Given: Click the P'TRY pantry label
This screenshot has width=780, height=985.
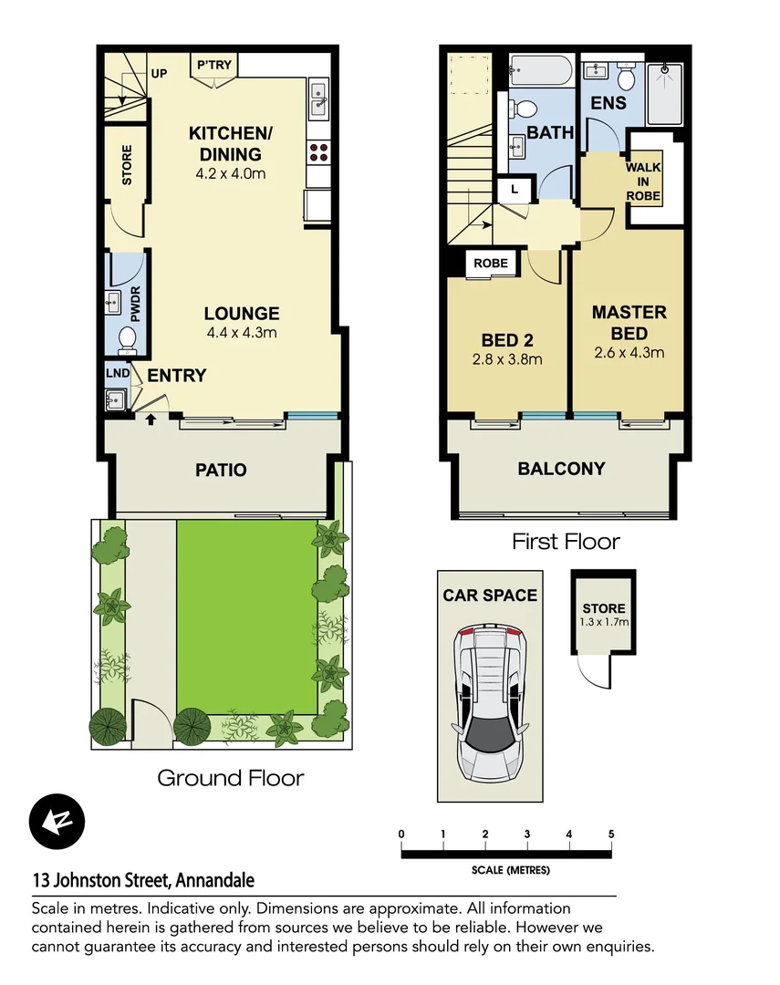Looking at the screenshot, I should [x=213, y=66].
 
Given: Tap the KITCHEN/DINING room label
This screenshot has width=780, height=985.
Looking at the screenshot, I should [x=224, y=144].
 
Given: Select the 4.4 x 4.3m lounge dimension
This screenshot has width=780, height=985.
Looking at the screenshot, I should [x=242, y=333].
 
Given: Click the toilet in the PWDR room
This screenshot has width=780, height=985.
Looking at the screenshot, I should [x=127, y=339].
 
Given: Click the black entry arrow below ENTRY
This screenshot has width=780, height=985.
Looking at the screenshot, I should [x=151, y=420].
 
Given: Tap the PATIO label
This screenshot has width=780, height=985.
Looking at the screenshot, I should [x=221, y=471].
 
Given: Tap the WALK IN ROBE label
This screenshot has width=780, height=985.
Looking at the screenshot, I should [x=643, y=182].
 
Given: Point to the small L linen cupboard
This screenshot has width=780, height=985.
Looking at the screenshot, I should [x=515, y=189].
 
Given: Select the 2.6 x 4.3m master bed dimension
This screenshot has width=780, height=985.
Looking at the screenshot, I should [x=629, y=352].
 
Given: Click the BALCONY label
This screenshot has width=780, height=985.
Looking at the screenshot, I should [x=561, y=469].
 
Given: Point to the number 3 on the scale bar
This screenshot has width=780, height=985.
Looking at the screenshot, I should [x=527, y=834].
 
